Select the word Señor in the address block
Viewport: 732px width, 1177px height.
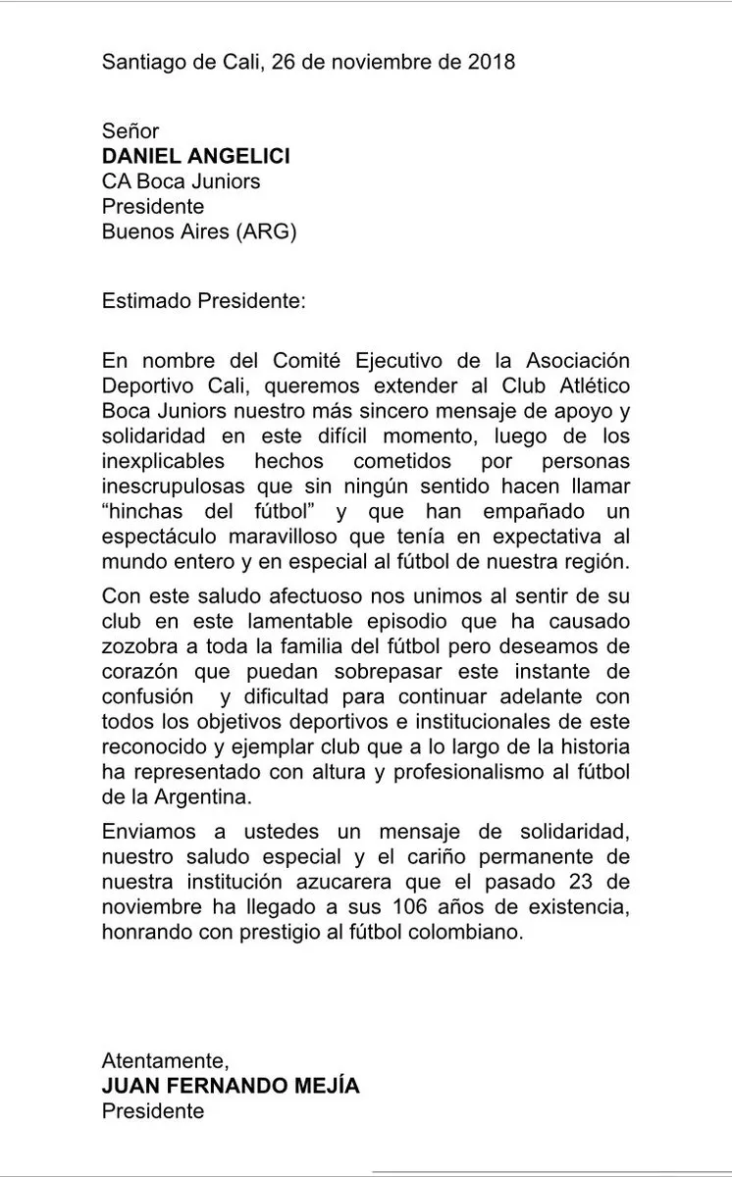[x=131, y=131]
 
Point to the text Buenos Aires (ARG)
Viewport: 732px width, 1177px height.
[x=198, y=230]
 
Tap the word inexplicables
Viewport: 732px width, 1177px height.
[x=162, y=460]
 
